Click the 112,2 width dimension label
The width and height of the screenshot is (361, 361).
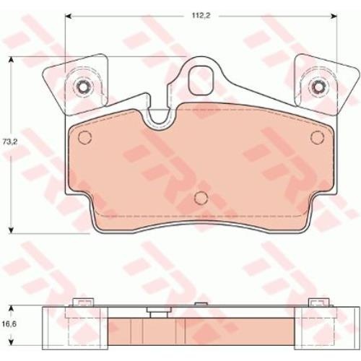click(201, 16)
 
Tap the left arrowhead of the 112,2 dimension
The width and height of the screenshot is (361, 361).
click(69, 16)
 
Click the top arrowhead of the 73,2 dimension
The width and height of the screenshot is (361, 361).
click(11, 61)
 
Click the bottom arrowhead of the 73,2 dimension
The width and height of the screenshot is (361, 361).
click(11, 230)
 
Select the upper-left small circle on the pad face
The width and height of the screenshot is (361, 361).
click(85, 138)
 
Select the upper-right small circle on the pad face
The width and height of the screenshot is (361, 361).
click(317, 137)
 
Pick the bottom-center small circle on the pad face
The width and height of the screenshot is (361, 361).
click(201, 198)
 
